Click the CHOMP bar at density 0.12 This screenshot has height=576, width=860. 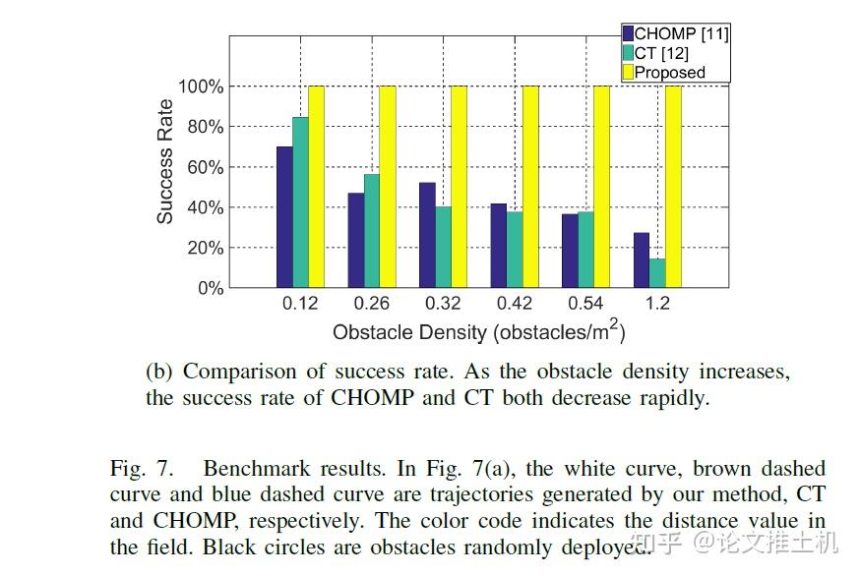point(284,217)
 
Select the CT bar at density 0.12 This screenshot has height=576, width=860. point(300,202)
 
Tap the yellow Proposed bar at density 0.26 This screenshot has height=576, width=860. point(388,187)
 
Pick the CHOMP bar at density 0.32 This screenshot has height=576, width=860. point(427,235)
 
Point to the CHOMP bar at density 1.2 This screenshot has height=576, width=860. point(642,260)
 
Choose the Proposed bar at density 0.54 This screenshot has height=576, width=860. point(601,187)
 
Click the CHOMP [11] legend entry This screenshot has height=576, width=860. point(675,34)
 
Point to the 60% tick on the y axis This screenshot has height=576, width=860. point(201,167)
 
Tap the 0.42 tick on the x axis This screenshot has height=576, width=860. point(515,303)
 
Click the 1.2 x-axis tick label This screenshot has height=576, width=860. point(657,303)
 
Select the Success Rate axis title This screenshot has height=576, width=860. point(165,162)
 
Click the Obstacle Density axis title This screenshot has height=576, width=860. point(478,331)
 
